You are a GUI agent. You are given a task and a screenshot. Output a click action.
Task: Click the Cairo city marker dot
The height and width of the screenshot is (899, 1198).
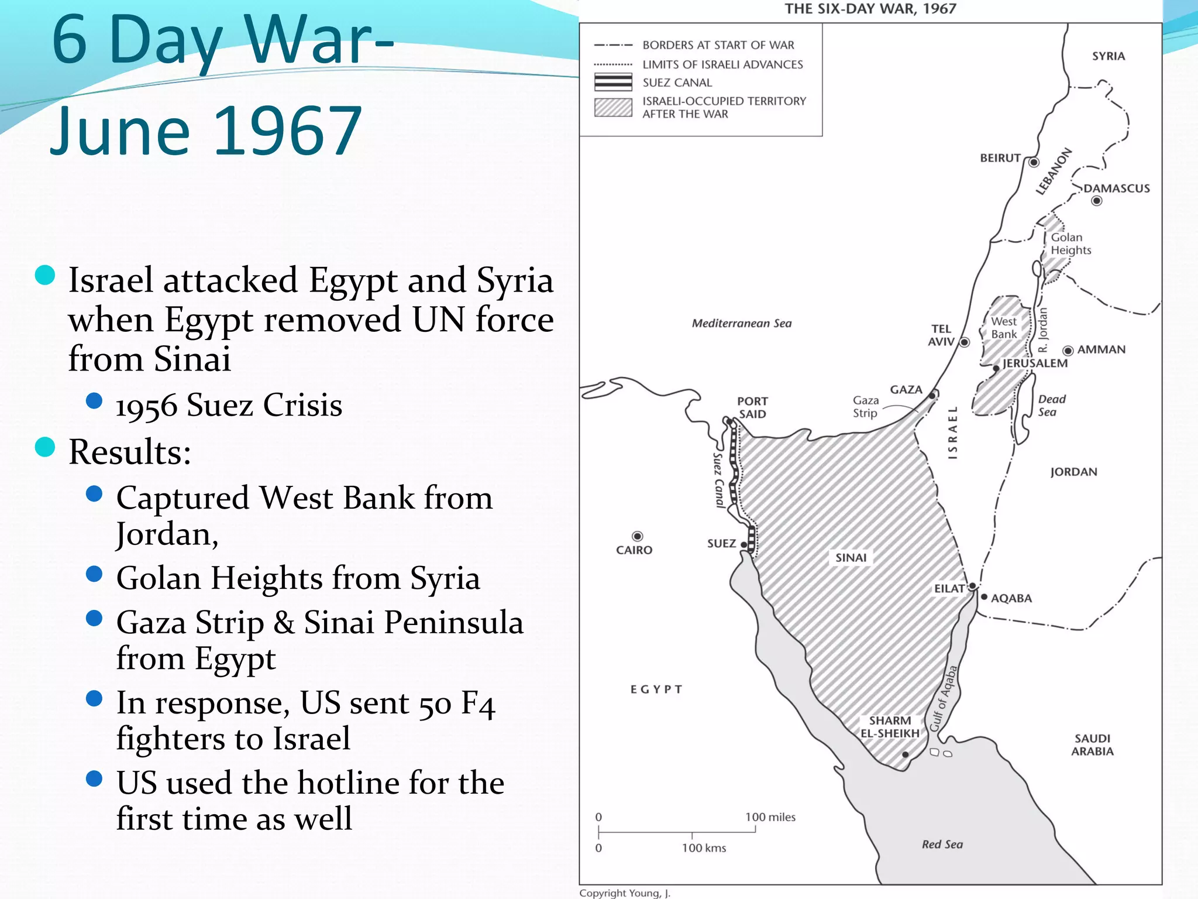click(637, 536)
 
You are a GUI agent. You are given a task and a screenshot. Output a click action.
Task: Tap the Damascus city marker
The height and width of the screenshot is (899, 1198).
click(1097, 201)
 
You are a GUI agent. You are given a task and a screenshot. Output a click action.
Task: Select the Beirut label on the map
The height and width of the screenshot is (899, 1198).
click(1000, 158)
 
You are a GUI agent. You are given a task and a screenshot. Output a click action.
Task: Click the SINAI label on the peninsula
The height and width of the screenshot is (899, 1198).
click(851, 558)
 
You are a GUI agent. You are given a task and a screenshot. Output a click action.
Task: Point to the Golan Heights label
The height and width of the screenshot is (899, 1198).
click(1070, 243)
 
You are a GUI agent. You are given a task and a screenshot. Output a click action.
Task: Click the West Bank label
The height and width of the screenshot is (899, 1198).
click(1004, 328)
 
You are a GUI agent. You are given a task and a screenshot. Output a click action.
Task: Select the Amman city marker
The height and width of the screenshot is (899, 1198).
click(1068, 351)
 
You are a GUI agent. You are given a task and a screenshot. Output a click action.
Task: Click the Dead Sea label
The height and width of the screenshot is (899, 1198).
click(1051, 405)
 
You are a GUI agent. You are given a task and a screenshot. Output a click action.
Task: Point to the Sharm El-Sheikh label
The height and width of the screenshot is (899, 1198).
click(890, 727)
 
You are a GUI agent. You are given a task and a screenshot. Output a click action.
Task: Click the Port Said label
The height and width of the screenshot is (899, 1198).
click(752, 407)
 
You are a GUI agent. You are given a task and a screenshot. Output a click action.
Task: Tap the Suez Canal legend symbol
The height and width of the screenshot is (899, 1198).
click(613, 82)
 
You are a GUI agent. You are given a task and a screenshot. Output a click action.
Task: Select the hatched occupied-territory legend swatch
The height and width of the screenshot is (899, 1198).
click(613, 108)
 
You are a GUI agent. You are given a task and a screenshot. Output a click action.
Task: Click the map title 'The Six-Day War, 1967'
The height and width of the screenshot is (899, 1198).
click(870, 9)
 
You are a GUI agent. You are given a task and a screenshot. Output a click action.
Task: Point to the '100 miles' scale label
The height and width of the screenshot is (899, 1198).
click(770, 817)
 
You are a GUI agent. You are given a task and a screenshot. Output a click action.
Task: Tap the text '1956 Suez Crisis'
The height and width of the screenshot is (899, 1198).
click(229, 405)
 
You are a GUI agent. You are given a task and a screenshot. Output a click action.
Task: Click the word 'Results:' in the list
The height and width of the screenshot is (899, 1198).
click(130, 452)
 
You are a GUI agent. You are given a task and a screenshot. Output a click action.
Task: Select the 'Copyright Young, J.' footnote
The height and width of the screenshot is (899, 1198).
click(625, 893)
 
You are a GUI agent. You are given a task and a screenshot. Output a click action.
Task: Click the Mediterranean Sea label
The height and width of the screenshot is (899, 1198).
click(742, 323)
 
